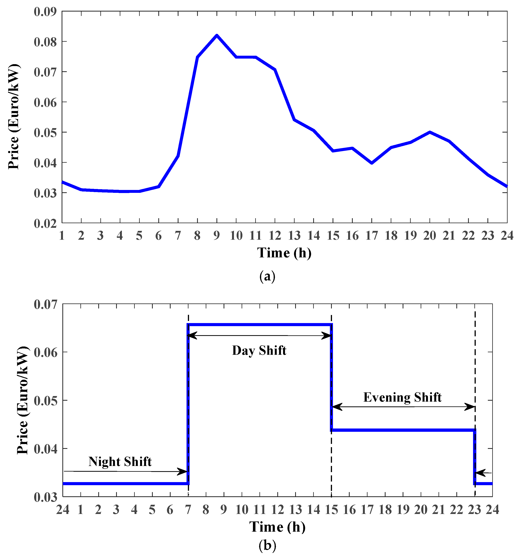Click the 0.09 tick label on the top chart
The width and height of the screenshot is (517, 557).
click(45, 12)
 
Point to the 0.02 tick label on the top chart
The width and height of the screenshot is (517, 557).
click(45, 223)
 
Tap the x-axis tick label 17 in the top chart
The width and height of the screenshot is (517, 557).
click(372, 236)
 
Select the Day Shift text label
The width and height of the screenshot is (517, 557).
click(259, 351)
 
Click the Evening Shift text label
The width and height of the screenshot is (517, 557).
click(402, 397)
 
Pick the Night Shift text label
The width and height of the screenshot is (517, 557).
click(120, 462)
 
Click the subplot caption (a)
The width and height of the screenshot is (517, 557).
click(267, 276)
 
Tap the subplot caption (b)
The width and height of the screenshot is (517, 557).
click(267, 545)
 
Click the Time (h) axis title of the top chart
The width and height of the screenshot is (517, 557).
click(284, 253)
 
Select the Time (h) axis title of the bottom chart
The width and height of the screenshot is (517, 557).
click(277, 527)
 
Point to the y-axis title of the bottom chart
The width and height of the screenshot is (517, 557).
click(23, 400)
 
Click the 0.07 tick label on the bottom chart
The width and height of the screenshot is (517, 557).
click(45, 305)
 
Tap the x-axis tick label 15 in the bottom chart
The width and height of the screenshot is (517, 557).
click(331, 510)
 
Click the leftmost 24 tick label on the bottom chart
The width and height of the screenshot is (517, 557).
click(63, 510)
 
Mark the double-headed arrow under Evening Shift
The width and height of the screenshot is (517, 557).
click(403, 407)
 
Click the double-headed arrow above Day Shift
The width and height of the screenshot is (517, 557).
click(260, 336)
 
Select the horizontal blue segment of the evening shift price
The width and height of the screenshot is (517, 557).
click(403, 430)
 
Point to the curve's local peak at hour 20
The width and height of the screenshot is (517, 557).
click(430, 132)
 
